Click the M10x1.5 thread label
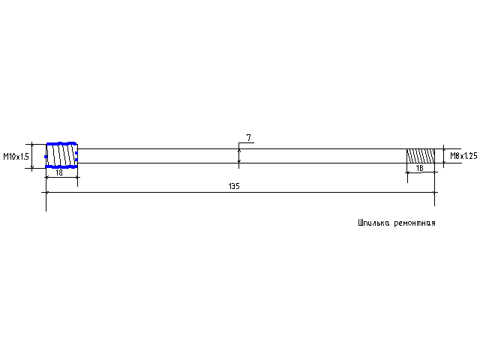(16, 157)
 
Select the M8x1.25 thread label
(463, 156)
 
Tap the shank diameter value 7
(248, 138)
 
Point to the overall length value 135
(234, 186)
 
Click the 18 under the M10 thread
(59, 172)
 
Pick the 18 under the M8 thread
(419, 168)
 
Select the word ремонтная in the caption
(415, 223)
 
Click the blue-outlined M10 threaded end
(61, 155)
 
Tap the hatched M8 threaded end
(421, 156)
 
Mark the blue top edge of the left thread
(61, 143)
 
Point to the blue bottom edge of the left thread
(61, 166)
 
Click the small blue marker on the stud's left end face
(46, 157)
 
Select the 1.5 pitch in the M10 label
(24, 157)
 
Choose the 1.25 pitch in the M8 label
(470, 156)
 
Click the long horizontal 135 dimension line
(240, 192)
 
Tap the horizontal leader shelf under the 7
(247, 143)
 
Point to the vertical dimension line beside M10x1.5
(32, 156)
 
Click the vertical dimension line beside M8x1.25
(443, 156)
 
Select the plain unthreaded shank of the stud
(242, 156)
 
